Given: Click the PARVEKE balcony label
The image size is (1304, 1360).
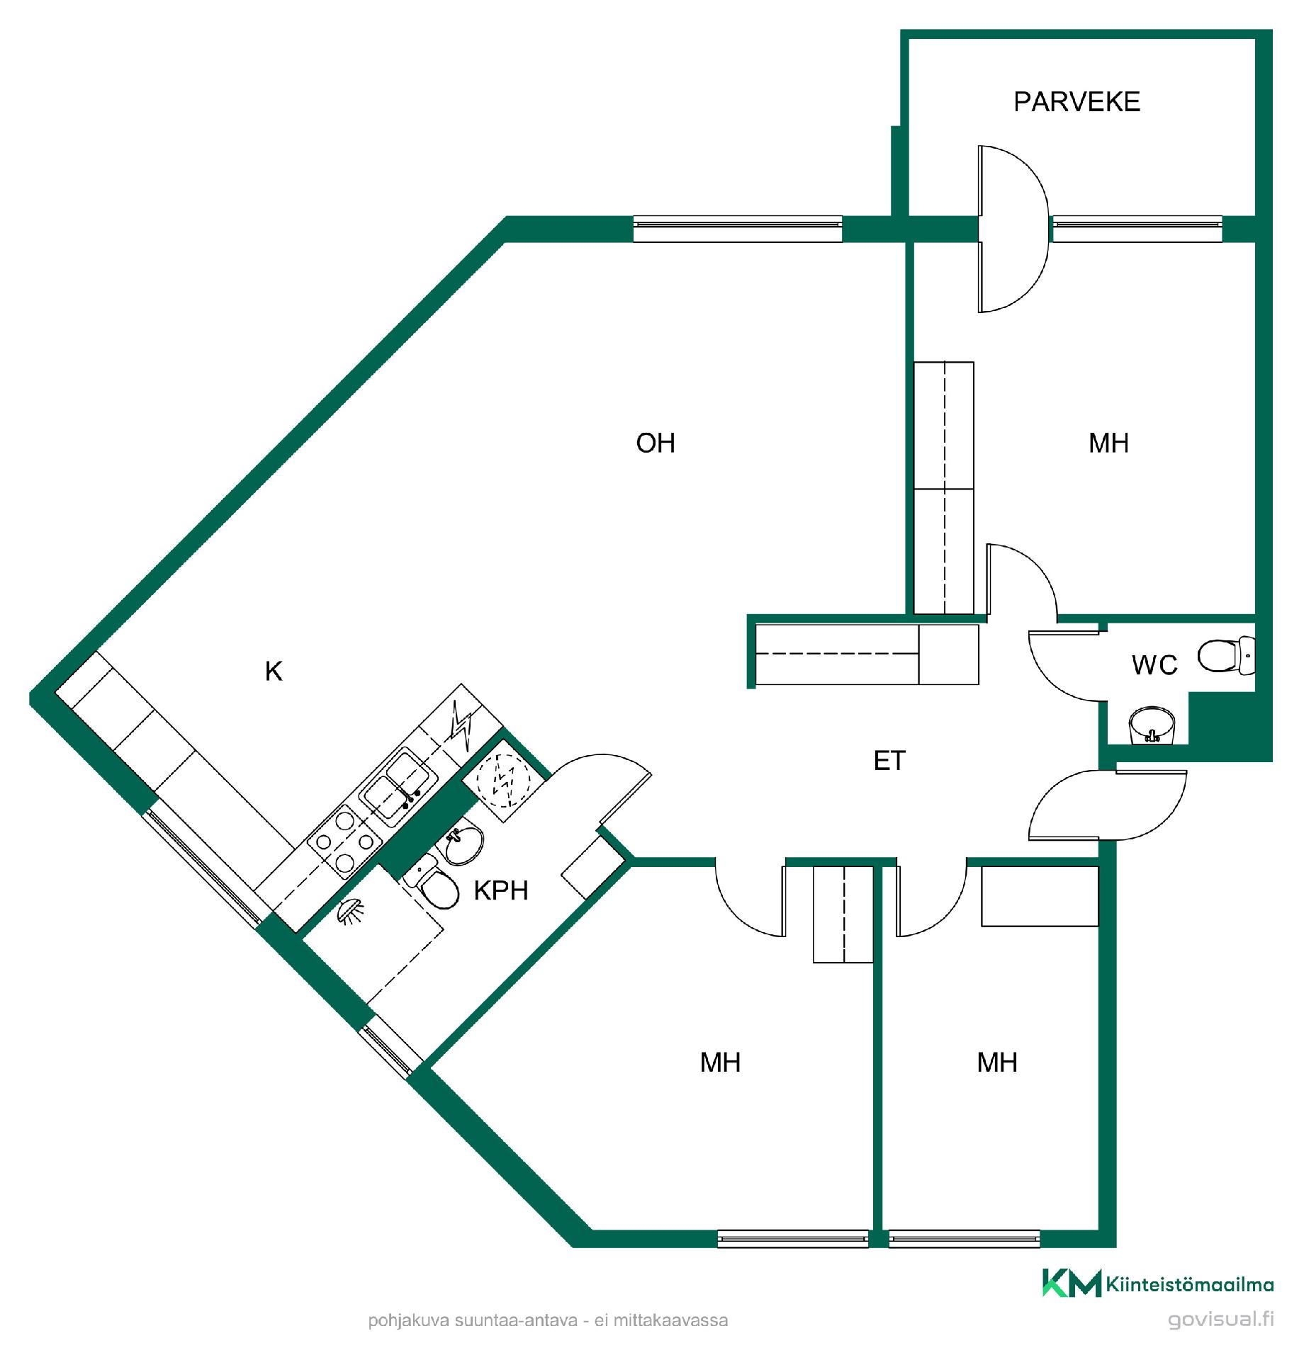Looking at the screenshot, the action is click(x=1077, y=102).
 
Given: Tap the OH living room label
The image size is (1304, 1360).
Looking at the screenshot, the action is click(x=656, y=443).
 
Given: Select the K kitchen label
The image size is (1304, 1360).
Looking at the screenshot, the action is click(x=274, y=671).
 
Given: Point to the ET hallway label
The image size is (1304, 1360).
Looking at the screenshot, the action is click(x=889, y=761).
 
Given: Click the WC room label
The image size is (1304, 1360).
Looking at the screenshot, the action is click(x=1154, y=665).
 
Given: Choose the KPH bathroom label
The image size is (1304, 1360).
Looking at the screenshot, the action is click(x=501, y=890).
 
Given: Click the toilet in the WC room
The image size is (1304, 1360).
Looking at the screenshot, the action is click(x=1227, y=656).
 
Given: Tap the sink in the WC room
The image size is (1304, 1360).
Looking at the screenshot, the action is click(x=1152, y=725).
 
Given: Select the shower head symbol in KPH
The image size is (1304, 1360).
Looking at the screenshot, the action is click(x=351, y=911).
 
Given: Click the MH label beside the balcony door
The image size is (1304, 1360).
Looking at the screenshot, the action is click(x=1108, y=443).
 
